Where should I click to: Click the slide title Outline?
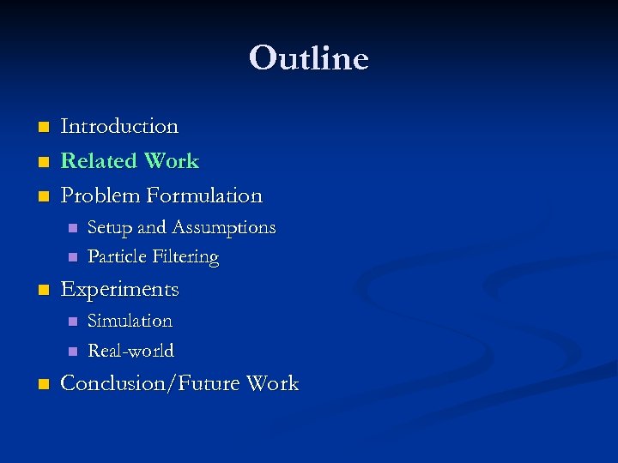point(309,58)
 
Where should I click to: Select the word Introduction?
point(119,126)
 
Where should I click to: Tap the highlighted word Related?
point(99,161)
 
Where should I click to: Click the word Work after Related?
point(172,161)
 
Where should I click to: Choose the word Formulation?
point(204,195)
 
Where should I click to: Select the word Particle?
point(118,256)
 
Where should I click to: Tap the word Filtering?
point(185,257)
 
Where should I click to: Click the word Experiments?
point(119,290)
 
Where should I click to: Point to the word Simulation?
point(130,321)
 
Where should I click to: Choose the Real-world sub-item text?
point(130,351)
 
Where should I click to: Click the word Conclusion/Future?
point(150,383)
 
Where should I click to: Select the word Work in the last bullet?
point(272,383)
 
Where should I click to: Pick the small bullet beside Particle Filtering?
point(72,257)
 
